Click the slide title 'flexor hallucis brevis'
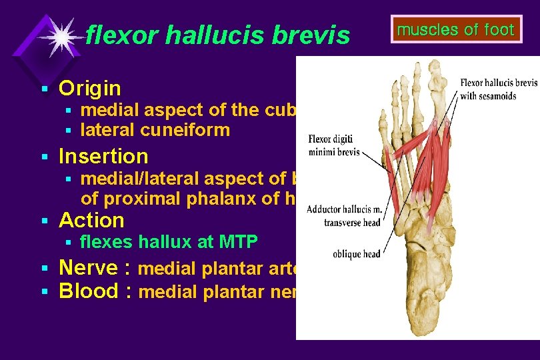coord(217,35)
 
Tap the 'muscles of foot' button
coord(456,30)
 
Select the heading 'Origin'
coord(89,88)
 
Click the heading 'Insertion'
coord(103,156)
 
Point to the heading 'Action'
coord(91,220)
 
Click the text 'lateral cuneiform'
coord(155,130)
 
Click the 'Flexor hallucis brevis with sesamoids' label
coord(498,88)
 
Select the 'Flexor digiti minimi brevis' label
coord(333,146)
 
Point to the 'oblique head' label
coord(357,253)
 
